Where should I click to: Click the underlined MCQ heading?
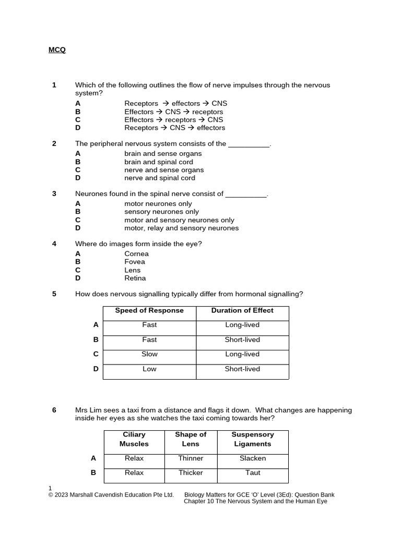pos(57,50)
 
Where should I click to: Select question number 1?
pos(54,85)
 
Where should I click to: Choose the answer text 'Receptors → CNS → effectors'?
pos(174,128)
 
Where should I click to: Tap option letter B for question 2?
pos(78,162)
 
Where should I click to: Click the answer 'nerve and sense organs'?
pos(164,170)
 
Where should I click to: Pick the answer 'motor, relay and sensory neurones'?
pos(181,228)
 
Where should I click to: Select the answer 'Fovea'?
pos(135,262)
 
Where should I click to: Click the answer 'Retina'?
pos(135,278)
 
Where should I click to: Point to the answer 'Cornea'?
pos(136,254)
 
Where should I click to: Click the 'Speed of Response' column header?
pos(149,310)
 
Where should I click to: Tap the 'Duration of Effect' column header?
pos(242,310)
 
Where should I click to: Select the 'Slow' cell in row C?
pos(149,354)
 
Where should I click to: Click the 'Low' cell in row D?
pos(149,369)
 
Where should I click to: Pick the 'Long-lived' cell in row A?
pos(242,325)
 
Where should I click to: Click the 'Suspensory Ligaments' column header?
pos(253,439)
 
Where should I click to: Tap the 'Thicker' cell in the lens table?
pos(191,472)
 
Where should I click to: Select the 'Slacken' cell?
pos(253,458)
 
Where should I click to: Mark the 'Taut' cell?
pos(253,472)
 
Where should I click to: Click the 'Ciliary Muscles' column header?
pos(134,439)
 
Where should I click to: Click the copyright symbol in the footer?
pos(51,495)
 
